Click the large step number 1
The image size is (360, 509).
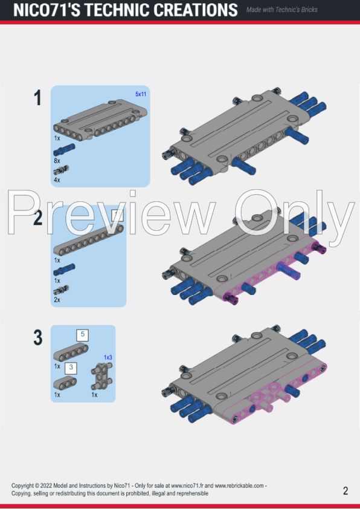pyautogui.click(x=38, y=98)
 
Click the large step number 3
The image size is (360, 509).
pyautogui.click(x=38, y=337)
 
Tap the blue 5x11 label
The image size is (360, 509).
pyautogui.click(x=141, y=94)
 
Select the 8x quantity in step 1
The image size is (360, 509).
pyautogui.click(x=57, y=161)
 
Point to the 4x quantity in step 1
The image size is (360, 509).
pyautogui.click(x=57, y=180)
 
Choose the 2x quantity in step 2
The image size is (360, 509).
pyautogui.click(x=57, y=300)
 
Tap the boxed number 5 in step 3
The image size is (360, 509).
pyautogui.click(x=82, y=334)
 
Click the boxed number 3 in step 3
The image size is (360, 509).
pyautogui.click(x=71, y=366)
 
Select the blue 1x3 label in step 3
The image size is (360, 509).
pyautogui.click(x=108, y=357)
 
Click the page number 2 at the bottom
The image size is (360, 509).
pyautogui.click(x=346, y=491)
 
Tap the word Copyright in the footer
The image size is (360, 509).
pyautogui.click(x=24, y=485)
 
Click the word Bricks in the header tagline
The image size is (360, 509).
pyautogui.click(x=307, y=10)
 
